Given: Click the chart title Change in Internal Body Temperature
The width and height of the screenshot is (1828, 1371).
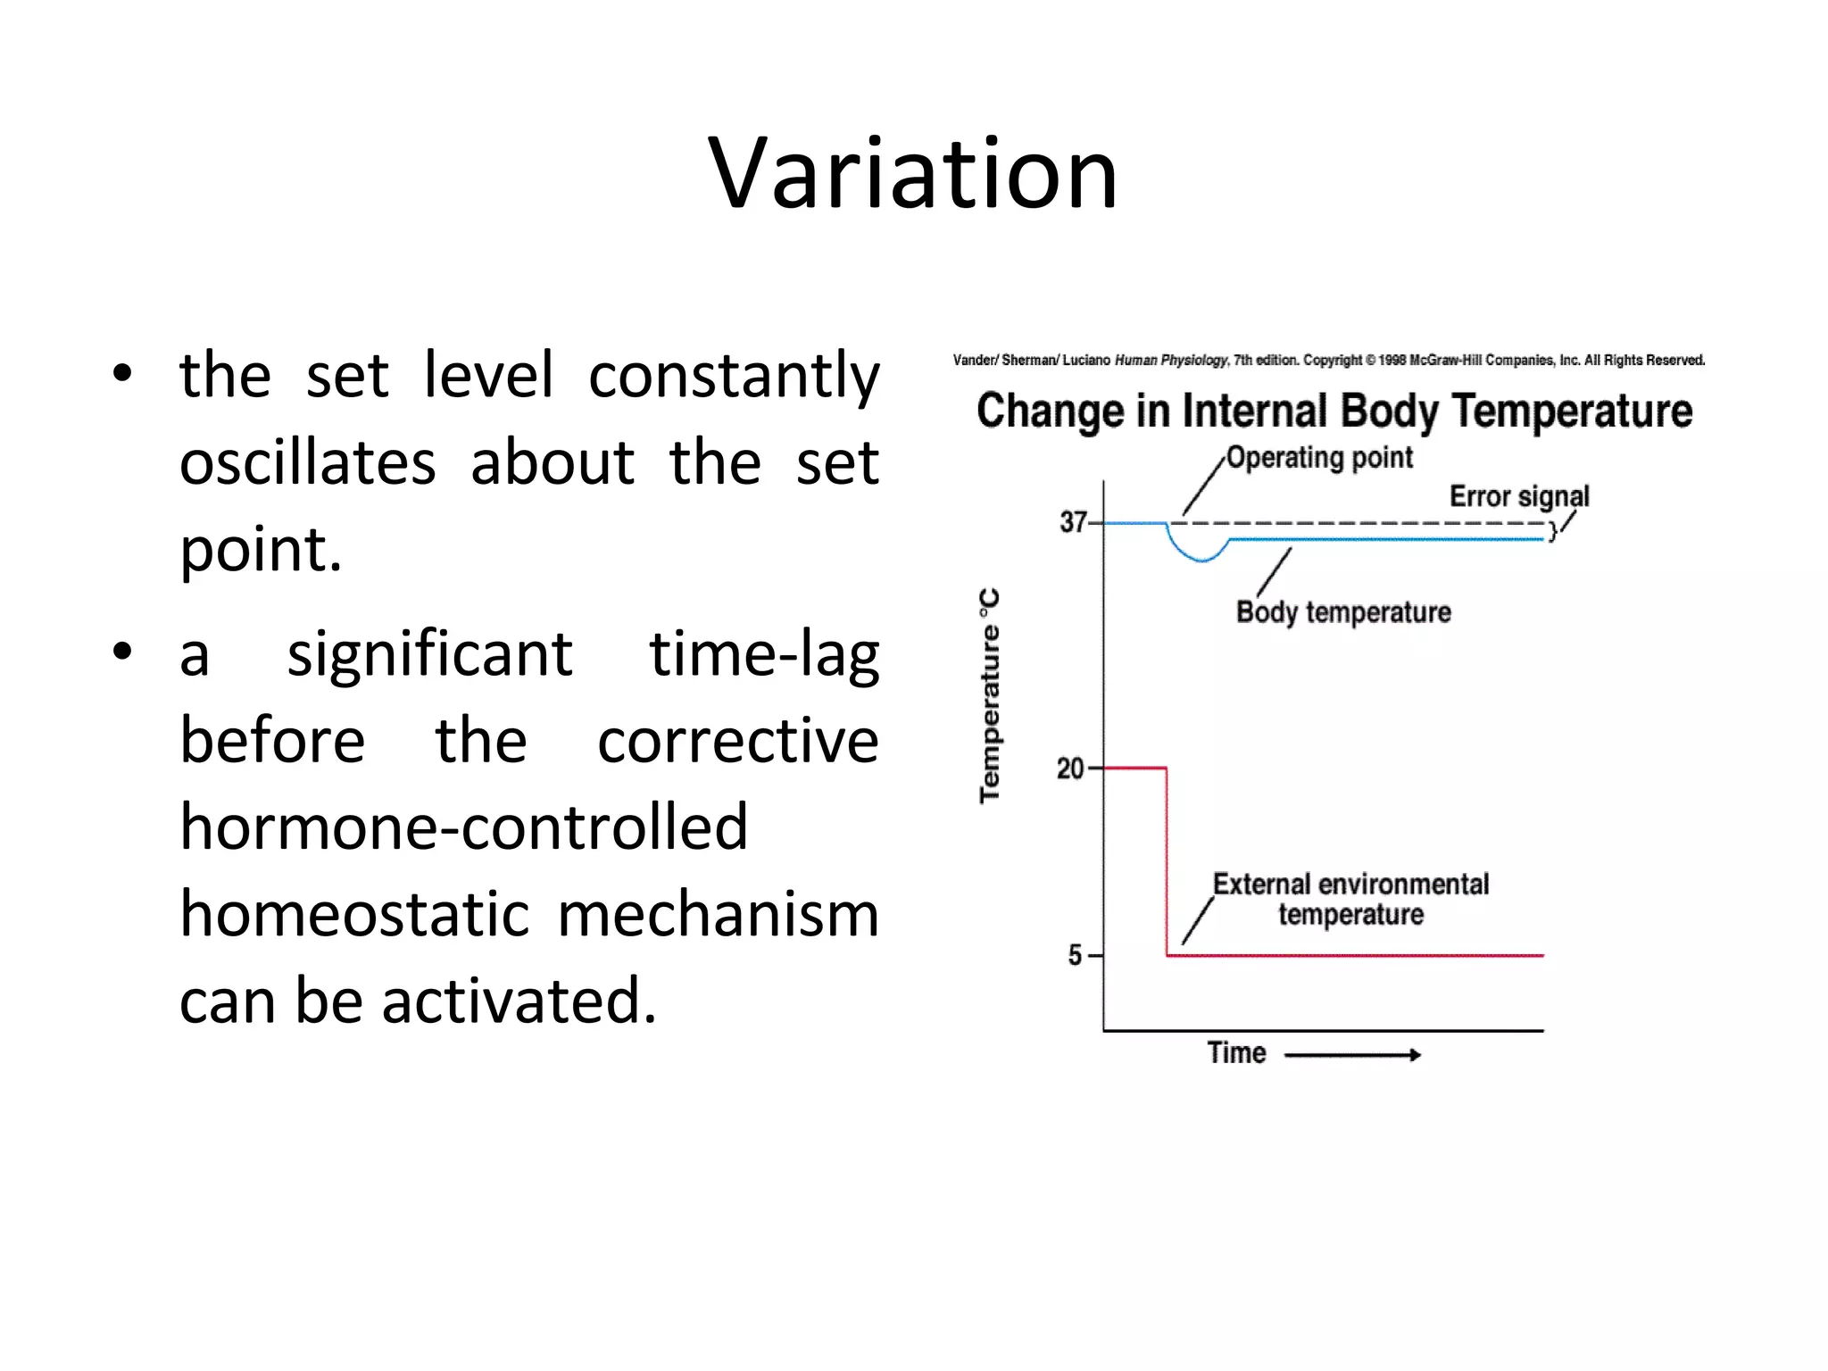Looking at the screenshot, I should [1334, 411].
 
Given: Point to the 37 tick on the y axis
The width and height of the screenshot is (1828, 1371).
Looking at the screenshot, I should [1074, 522].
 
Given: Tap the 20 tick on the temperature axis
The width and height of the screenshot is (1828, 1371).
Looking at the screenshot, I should [1071, 769].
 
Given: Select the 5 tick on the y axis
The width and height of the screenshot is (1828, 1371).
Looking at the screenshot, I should [1076, 956].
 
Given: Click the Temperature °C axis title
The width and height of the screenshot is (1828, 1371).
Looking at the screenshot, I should [990, 696].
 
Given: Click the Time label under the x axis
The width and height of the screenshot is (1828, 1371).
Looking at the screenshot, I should [1236, 1053].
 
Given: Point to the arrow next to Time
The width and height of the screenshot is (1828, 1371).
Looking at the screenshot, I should [1352, 1055].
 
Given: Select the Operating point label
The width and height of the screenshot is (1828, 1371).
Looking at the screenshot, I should [1319, 458].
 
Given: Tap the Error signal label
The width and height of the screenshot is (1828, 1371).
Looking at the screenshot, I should [1519, 496].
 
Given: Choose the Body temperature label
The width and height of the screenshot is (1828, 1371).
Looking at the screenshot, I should [1343, 612].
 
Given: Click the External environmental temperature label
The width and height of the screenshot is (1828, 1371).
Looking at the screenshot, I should [1350, 899].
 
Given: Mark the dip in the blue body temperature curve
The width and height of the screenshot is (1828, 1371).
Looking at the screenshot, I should [1202, 558].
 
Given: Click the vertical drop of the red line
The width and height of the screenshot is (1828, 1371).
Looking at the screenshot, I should [1167, 861].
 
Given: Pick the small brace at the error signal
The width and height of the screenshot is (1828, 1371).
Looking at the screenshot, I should [1553, 532].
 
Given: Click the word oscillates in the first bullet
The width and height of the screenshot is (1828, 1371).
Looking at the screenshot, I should [308, 463].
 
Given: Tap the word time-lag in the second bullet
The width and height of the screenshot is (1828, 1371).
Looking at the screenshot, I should [764, 654].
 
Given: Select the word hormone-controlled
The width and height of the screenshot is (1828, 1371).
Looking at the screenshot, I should [463, 827].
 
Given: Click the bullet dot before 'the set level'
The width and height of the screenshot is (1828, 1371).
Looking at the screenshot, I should [123, 375].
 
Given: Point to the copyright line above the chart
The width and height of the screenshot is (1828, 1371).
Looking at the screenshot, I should [1328, 361].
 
